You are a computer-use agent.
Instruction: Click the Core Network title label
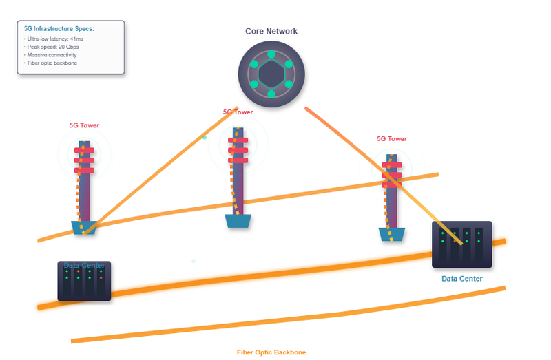[x=271, y=32]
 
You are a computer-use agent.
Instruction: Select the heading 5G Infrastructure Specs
[x=59, y=29]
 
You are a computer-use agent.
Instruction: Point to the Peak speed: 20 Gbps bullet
[x=52, y=47]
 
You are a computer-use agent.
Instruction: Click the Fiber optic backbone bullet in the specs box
[x=50, y=63]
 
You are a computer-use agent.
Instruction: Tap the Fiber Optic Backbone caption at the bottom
[x=271, y=352]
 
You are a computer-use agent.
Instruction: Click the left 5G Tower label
[x=84, y=126]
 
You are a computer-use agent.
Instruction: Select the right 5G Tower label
[x=391, y=138]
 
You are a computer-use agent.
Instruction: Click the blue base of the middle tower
[x=238, y=221]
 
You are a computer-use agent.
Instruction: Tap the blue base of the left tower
[x=84, y=227]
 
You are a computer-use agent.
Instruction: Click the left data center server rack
[x=84, y=281]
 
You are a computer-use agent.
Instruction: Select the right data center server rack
[x=461, y=244]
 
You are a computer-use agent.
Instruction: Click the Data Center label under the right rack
[x=461, y=279]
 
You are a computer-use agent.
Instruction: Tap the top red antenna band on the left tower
[x=84, y=150]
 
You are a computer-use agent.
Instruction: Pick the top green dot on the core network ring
[x=271, y=54]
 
